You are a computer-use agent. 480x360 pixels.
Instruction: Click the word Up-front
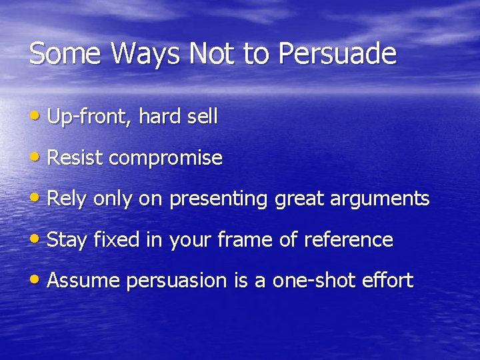(89, 117)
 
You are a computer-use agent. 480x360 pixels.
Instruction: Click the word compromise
(165, 159)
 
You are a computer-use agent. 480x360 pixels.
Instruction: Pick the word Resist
(75, 159)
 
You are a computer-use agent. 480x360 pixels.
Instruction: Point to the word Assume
(84, 281)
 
